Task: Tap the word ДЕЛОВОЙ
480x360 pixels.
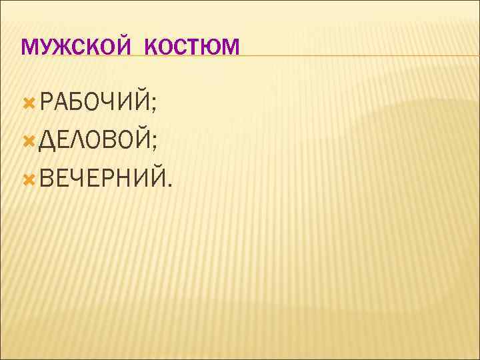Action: [x=94, y=140]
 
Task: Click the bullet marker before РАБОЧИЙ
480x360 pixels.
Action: [x=29, y=103]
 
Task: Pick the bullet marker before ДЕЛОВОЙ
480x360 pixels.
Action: [x=29, y=141]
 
